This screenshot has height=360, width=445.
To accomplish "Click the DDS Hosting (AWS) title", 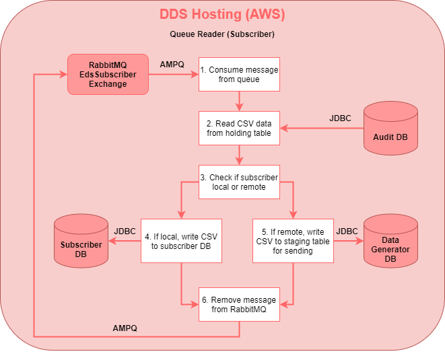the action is [x=222, y=14].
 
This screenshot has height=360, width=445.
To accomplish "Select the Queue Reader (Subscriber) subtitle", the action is [x=222, y=34].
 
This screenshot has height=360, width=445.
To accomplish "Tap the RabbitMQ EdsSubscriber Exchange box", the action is [x=108, y=74].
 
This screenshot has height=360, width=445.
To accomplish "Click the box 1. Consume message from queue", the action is [x=239, y=74].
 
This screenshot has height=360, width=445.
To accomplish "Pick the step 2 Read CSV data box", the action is [x=239, y=129].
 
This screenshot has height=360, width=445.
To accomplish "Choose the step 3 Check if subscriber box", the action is [x=239, y=182].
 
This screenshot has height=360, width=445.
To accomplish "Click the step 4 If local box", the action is [x=181, y=241].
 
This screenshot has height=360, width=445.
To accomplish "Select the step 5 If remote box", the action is [x=293, y=241].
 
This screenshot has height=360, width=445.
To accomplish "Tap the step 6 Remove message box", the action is [x=239, y=304].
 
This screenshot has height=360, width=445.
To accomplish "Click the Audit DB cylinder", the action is [x=390, y=129].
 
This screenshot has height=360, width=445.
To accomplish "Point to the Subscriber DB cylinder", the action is [x=81, y=241].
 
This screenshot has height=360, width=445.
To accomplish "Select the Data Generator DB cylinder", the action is [x=390, y=241].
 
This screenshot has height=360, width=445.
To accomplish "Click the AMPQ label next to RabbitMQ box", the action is [x=172, y=65].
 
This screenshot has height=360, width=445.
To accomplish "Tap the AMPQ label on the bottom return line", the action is [x=125, y=328].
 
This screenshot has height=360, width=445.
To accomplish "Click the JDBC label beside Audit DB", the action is [x=340, y=118].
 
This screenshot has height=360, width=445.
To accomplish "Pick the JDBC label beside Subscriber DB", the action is [x=125, y=231].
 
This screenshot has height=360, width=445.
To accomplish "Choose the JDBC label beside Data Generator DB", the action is [x=347, y=231].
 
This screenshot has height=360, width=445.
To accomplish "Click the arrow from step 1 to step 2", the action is [x=239, y=102].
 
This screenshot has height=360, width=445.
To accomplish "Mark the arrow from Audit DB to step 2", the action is [x=322, y=129].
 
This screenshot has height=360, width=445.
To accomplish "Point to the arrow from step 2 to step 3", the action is [x=239, y=155].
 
